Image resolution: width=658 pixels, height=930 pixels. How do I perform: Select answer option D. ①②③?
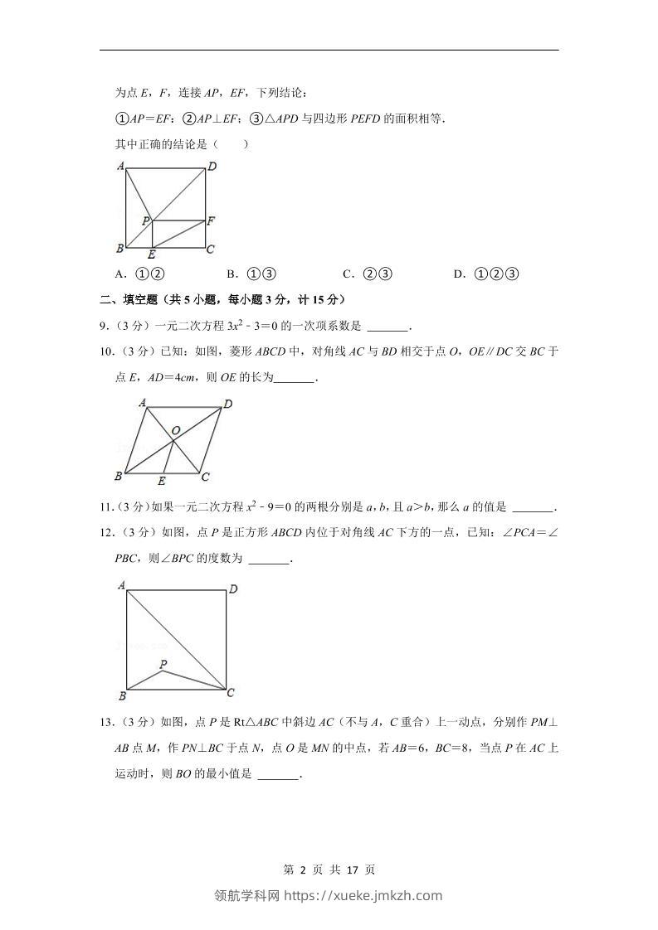tap(486, 274)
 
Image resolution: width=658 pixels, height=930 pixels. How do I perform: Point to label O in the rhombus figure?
tap(176, 431)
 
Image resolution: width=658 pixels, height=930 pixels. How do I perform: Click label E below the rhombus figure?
tap(162, 482)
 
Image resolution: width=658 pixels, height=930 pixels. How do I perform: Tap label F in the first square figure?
tap(211, 221)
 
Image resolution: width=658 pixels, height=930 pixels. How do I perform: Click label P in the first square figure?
tap(144, 220)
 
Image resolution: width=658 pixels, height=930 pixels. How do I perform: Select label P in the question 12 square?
tap(163, 664)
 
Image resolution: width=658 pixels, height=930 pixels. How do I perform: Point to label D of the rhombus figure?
tap(227, 404)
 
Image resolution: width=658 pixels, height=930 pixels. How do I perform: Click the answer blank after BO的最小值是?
tap(278, 776)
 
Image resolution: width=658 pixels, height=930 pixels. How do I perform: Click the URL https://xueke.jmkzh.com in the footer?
tap(363, 895)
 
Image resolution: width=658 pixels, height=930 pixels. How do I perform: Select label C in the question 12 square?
tap(231, 693)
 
